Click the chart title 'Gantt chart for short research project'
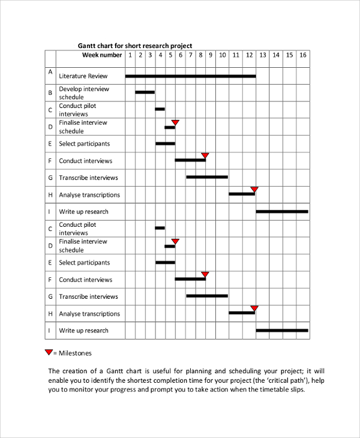pyautogui.click(x=135, y=46)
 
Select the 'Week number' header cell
pyautogui.click(x=102, y=55)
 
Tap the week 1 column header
pyautogui.click(x=130, y=55)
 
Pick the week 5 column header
pyautogui.click(x=170, y=55)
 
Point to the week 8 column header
pyautogui.click(x=200, y=55)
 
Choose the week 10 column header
pyautogui.click(x=222, y=55)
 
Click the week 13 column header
pyautogui.click(x=262, y=55)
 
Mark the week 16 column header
pyautogui.click(x=303, y=55)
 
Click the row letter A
pyautogui.click(x=50, y=72)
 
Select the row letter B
pyautogui.click(x=50, y=93)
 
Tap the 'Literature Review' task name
pyautogui.click(x=83, y=76)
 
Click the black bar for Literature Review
pyautogui.click(x=190, y=76)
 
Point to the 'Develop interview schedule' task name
pyautogui.click(x=84, y=93)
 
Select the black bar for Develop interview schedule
pyautogui.click(x=145, y=92)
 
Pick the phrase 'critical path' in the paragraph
pyautogui.click(x=283, y=380)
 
